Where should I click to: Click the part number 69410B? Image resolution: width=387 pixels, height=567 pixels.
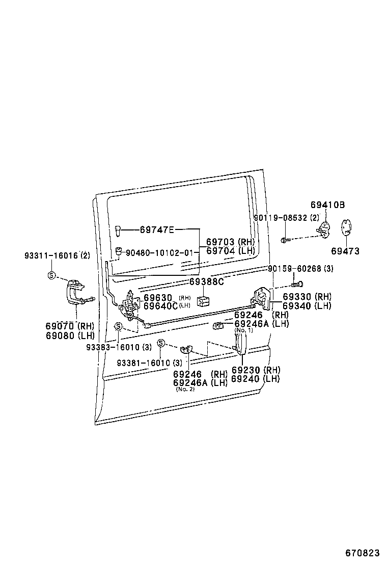(x=327, y=205)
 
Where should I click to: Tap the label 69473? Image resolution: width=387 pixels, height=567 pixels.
(x=345, y=251)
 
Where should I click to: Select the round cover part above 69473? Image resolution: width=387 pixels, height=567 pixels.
(x=346, y=227)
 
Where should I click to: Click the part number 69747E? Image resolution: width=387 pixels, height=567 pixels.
(x=157, y=229)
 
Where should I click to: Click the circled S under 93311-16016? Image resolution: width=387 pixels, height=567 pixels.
(x=51, y=275)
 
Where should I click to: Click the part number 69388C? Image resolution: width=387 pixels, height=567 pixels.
(x=207, y=281)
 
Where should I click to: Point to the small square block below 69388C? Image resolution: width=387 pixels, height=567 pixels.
(x=203, y=300)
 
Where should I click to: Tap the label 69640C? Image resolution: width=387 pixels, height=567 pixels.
(x=160, y=306)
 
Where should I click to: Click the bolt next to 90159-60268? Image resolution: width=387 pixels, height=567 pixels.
(x=297, y=283)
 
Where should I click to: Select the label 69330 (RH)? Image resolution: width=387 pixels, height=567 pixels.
(x=307, y=297)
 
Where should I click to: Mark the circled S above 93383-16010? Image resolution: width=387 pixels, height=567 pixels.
(x=118, y=326)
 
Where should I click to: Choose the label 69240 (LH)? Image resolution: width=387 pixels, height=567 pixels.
(x=255, y=379)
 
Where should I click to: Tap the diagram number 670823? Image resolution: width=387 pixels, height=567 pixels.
(x=363, y=553)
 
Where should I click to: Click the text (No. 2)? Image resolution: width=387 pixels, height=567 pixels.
(x=185, y=389)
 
